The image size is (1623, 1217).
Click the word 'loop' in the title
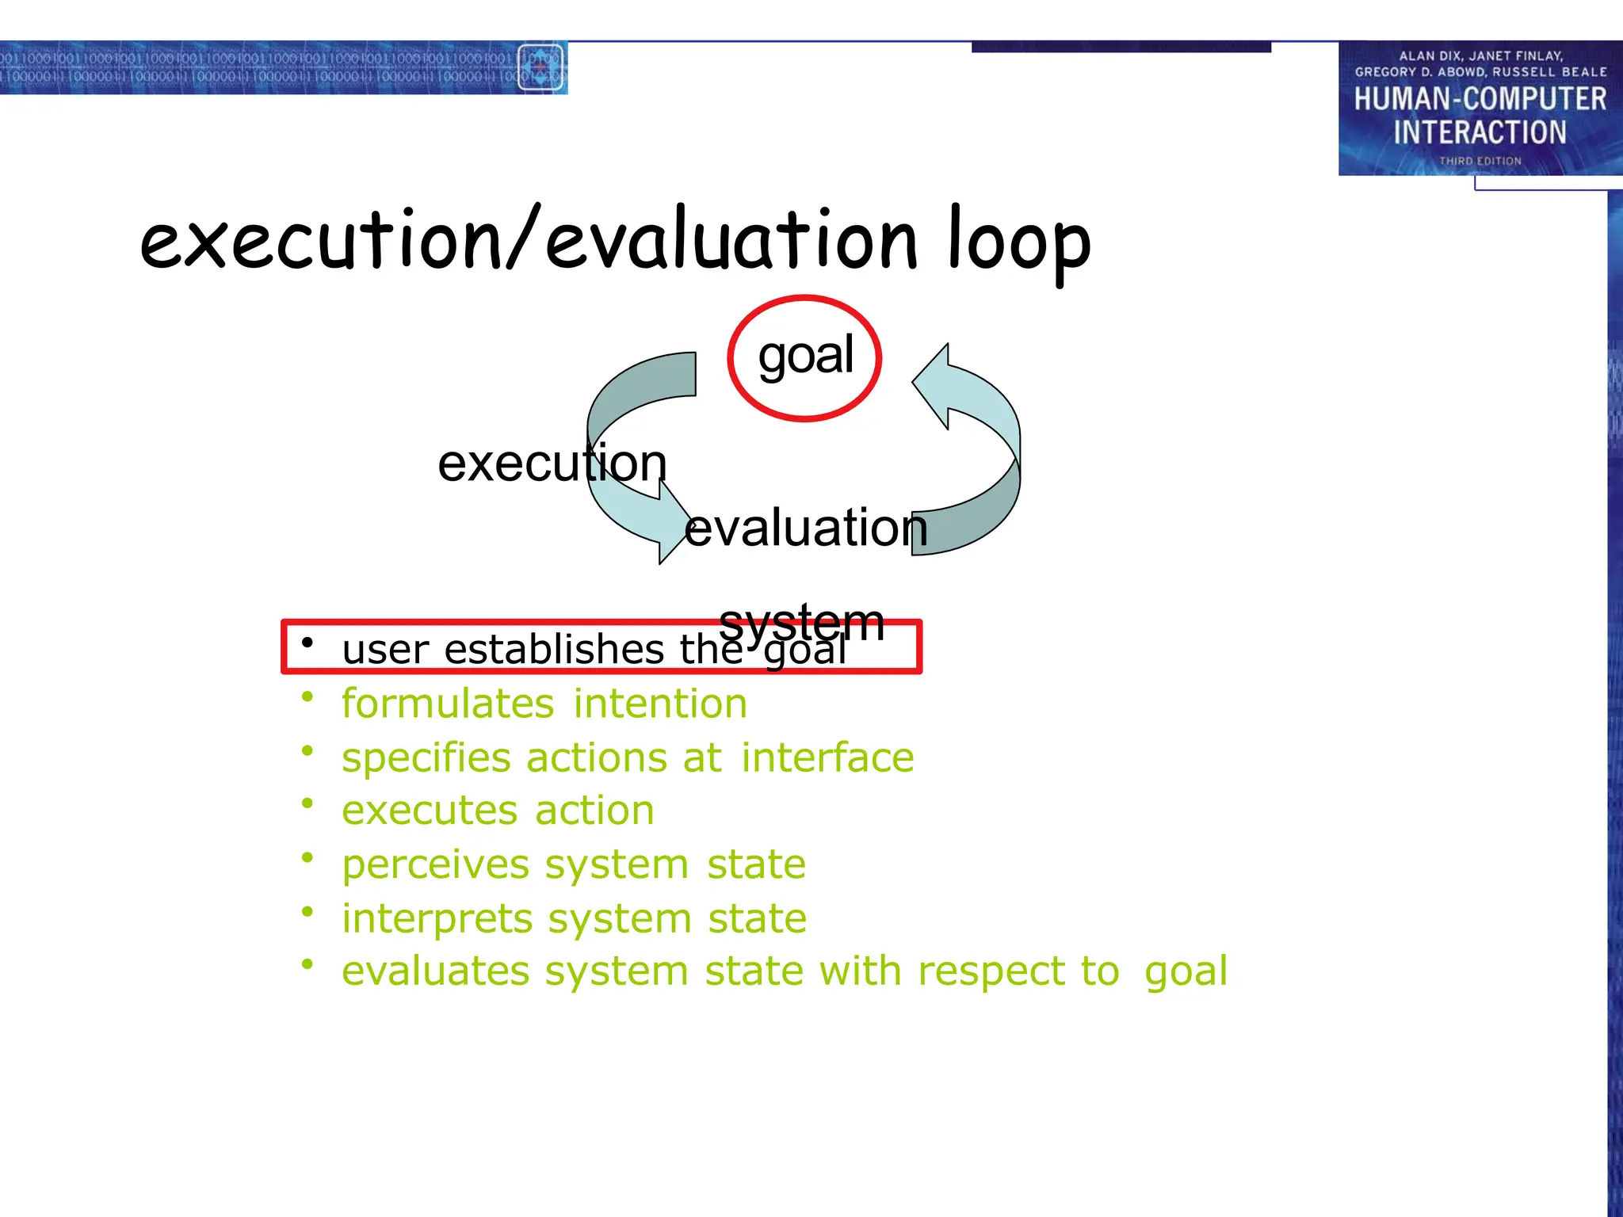click(1019, 242)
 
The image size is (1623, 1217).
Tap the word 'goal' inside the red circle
click(805, 356)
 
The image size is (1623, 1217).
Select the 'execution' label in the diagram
click(552, 463)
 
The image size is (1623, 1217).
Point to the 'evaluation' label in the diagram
click(805, 528)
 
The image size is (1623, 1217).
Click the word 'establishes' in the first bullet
click(554, 650)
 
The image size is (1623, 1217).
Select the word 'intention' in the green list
click(660, 704)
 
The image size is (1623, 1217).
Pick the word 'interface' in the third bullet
click(827, 757)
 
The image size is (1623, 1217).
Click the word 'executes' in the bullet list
click(430, 811)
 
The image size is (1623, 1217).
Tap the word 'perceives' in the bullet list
click(435, 864)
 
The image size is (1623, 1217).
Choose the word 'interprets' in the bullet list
click(437, 919)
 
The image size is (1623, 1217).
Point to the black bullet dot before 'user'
click(307, 643)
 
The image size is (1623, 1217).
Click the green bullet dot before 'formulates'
click(307, 696)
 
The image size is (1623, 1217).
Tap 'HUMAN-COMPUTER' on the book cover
click(1480, 99)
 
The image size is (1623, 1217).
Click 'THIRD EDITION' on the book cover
click(1480, 161)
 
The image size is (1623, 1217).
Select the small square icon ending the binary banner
click(540, 67)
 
